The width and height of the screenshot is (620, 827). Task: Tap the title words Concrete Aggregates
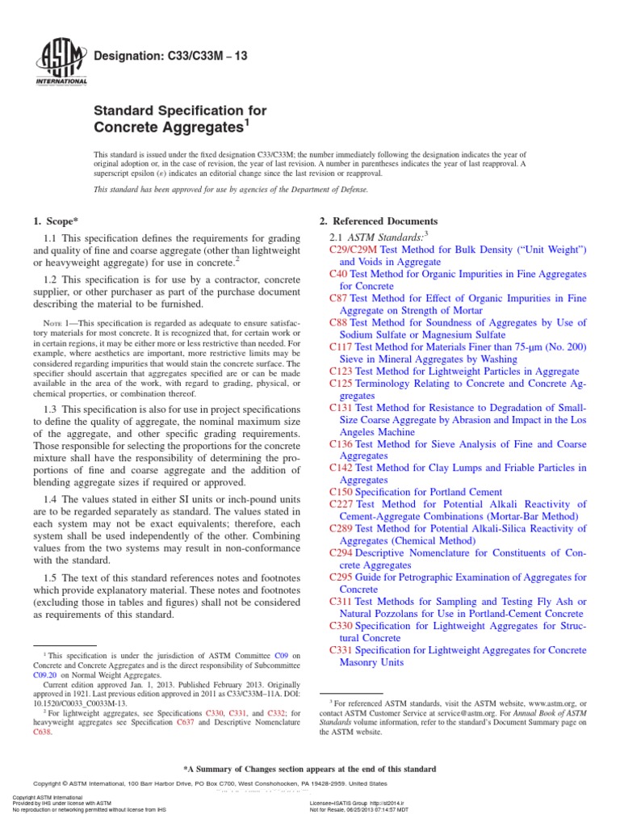168,128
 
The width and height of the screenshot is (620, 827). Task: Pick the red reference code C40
339,274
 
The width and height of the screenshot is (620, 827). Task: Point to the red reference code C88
339,322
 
